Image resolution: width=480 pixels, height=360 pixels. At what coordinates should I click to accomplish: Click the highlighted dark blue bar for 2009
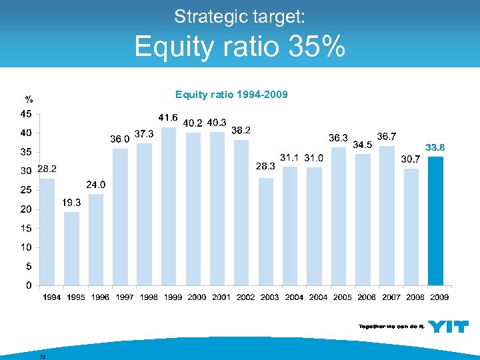[x=435, y=221]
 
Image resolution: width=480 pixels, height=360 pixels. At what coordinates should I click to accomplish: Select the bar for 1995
[x=71, y=248]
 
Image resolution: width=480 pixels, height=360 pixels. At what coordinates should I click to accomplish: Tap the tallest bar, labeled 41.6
[x=169, y=206]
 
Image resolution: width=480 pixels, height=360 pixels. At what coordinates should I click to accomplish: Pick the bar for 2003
[x=266, y=231]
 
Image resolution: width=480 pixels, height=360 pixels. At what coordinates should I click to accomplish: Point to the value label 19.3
[x=72, y=202]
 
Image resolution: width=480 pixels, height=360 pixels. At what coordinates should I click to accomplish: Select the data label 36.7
[x=387, y=136]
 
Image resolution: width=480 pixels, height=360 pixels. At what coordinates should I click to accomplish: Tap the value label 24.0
[x=96, y=184]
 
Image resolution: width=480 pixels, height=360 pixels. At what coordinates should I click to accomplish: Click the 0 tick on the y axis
[x=28, y=285]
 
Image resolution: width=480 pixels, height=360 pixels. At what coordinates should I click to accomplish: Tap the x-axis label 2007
[x=391, y=297]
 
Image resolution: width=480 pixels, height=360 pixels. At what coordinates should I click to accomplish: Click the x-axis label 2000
[x=197, y=297]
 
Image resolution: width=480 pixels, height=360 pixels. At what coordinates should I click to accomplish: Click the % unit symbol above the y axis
[x=28, y=100]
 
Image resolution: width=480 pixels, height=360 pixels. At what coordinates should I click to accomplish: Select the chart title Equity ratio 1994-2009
[x=231, y=95]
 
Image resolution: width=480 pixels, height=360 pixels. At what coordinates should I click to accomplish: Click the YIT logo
[x=447, y=327]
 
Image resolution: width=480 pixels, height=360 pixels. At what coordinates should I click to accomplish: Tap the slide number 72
[x=43, y=357]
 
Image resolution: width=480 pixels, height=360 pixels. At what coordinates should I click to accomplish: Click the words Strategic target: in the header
[x=239, y=15]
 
